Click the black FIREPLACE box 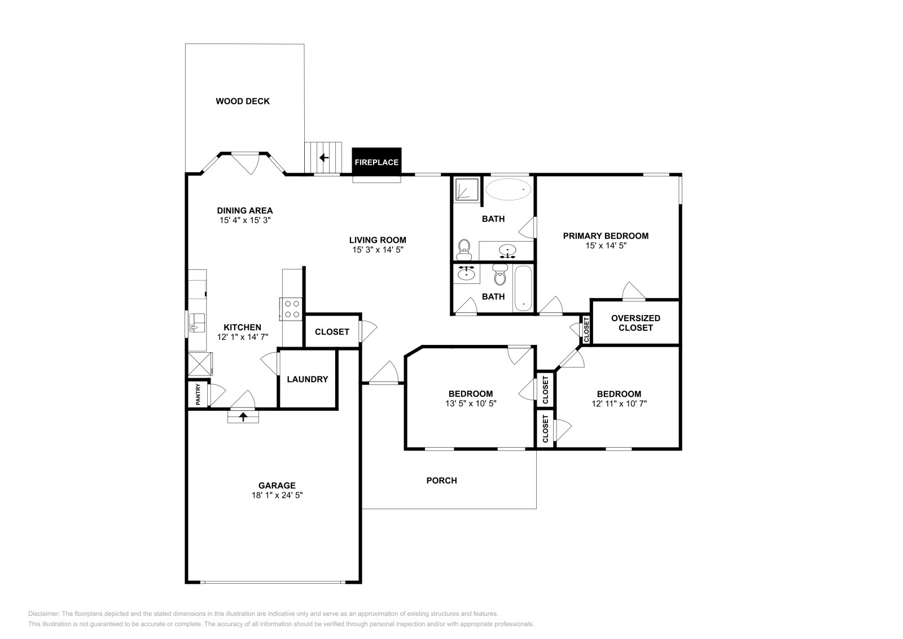point(376,162)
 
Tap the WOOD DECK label point(243,102)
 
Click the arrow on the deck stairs point(324,157)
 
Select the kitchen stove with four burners point(292,309)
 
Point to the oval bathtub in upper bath point(509,190)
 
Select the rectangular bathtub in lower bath point(523,288)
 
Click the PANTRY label point(198,395)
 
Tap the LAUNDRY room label point(307,379)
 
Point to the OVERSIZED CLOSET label point(635,323)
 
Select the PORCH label point(441,481)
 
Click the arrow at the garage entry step point(243,417)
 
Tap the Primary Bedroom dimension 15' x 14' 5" point(606,246)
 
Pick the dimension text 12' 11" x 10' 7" point(619,404)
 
